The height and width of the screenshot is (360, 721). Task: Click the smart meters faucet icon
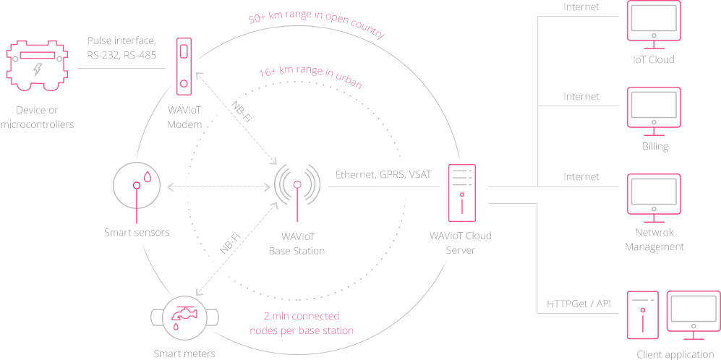(x=177, y=317)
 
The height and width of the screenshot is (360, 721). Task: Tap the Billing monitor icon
(x=654, y=110)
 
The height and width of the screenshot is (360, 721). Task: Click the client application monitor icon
(x=693, y=314)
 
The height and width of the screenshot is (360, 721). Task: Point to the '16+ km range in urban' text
(x=310, y=77)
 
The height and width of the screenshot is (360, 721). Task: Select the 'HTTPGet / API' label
(x=578, y=303)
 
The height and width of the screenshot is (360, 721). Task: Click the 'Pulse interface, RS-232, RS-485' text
(x=122, y=47)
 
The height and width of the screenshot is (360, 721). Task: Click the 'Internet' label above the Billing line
(x=581, y=96)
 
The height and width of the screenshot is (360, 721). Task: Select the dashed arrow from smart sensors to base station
(x=221, y=188)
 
